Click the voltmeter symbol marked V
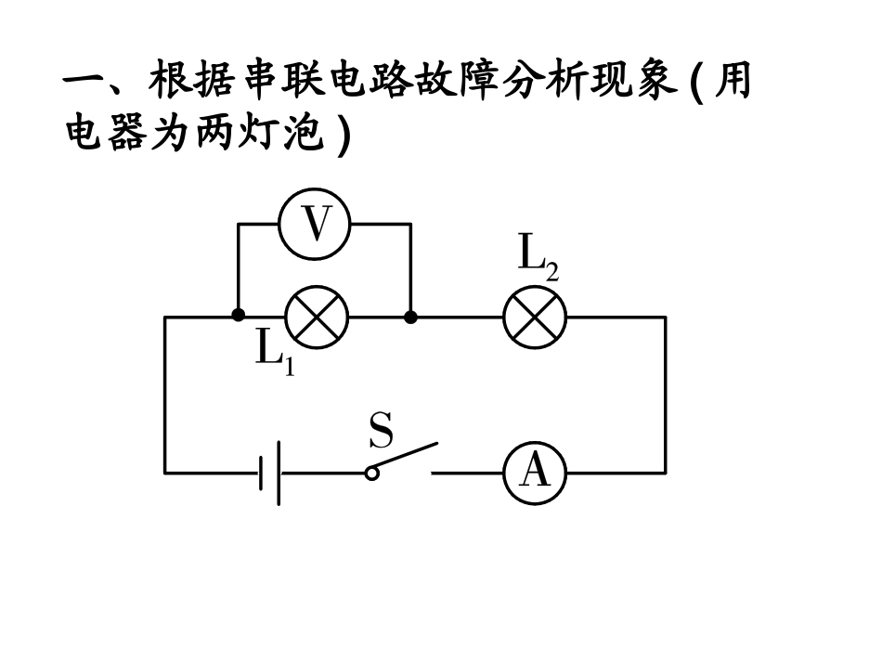315,225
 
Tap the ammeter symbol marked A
534,473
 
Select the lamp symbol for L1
316,318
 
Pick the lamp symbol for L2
534,318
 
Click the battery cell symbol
270,473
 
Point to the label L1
274,352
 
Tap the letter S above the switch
381,432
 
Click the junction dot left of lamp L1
239,317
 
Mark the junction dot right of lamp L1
410,317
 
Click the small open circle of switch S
372,474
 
